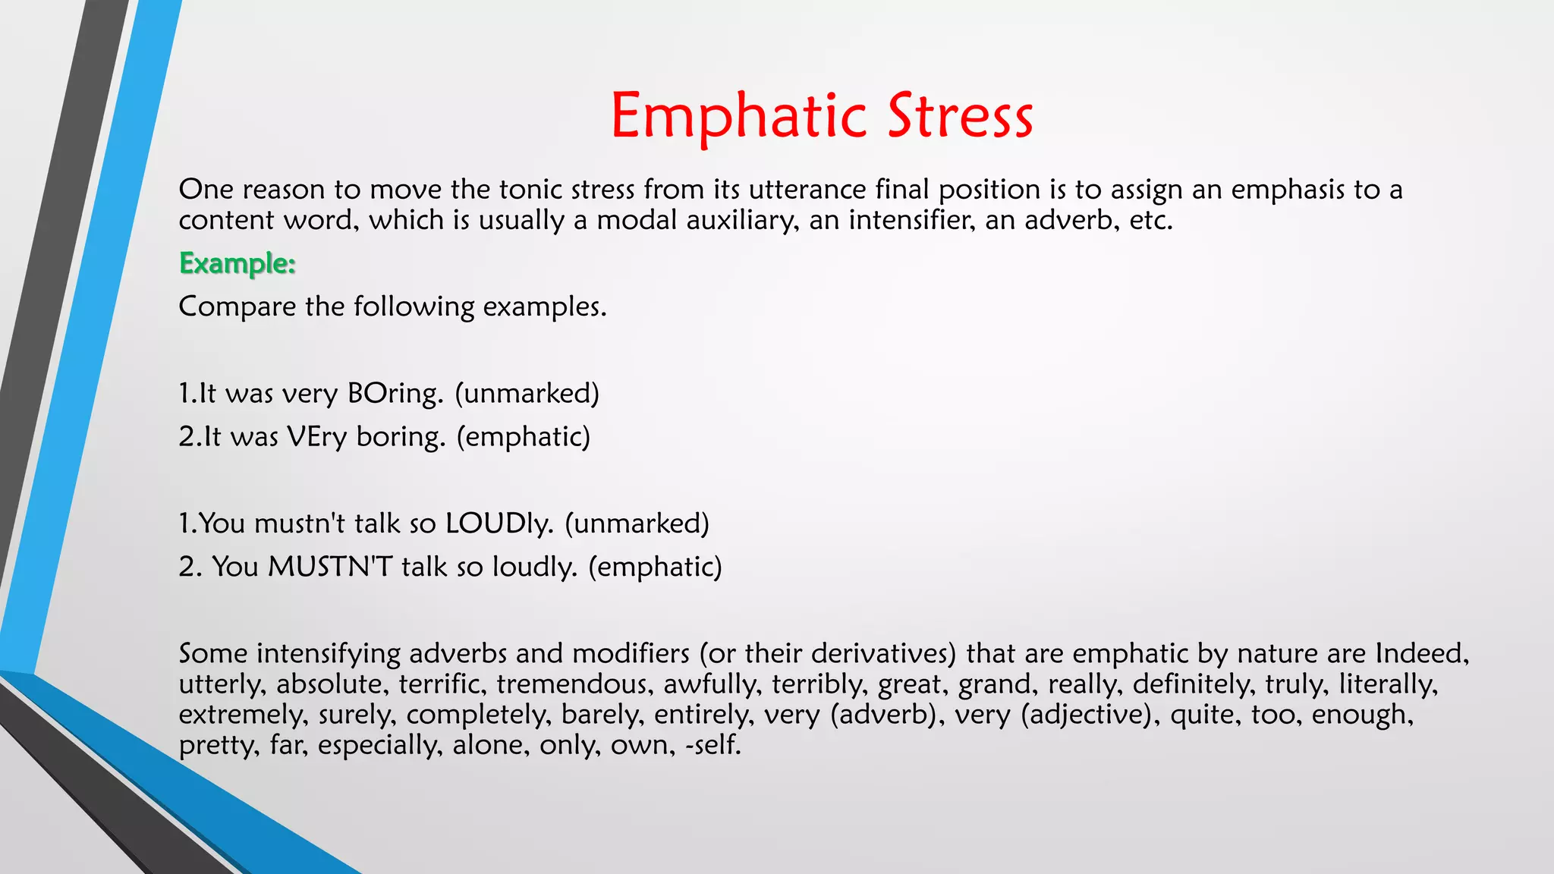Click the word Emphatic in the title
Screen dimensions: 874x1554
(738, 116)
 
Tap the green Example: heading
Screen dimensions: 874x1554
(237, 264)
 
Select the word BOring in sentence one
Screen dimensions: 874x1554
(395, 394)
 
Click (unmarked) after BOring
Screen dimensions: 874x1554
(527, 394)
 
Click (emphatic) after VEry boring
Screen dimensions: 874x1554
(523, 437)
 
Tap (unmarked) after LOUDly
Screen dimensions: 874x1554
(637, 523)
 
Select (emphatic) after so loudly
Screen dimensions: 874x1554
(655, 567)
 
